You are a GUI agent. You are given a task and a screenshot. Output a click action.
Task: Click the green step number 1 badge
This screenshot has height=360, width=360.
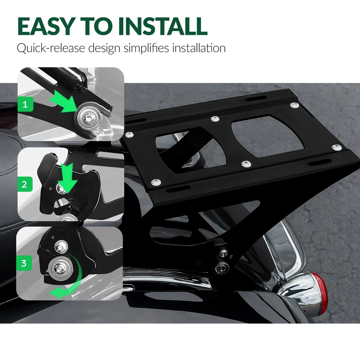(x=25, y=104)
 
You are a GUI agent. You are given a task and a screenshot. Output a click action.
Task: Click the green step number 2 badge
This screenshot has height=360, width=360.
(x=25, y=184)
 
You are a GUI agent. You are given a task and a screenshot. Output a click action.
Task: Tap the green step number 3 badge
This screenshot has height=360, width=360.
(x=24, y=263)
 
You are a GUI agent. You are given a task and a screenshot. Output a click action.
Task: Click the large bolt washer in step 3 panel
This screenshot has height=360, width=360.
(x=60, y=268)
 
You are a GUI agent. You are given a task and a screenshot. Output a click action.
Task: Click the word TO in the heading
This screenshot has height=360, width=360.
(x=100, y=26)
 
